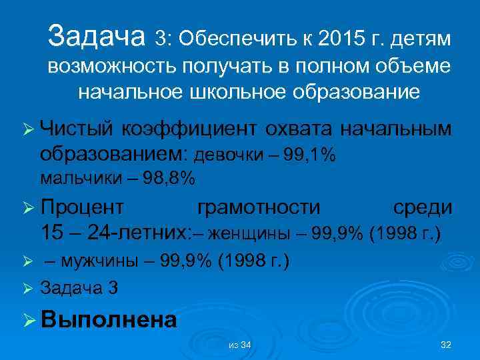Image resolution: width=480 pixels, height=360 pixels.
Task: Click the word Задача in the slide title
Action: [x=97, y=37]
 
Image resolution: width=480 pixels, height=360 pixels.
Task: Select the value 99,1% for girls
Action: [x=309, y=155]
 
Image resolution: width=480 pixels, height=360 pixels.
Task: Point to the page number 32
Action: [x=446, y=344]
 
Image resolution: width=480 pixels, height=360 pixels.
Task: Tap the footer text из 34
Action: [x=239, y=345]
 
